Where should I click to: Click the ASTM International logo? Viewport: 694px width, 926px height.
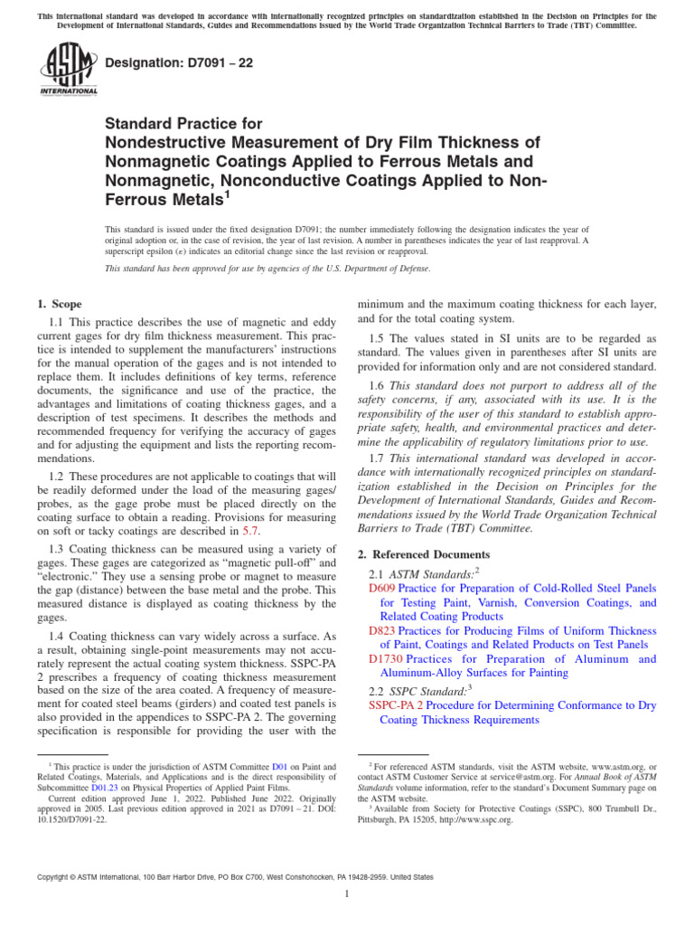69,70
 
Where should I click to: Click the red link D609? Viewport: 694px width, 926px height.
382,588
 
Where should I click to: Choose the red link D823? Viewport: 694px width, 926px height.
382,630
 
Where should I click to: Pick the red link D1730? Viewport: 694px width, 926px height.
386,659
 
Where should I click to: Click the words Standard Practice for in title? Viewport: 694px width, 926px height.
183,123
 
